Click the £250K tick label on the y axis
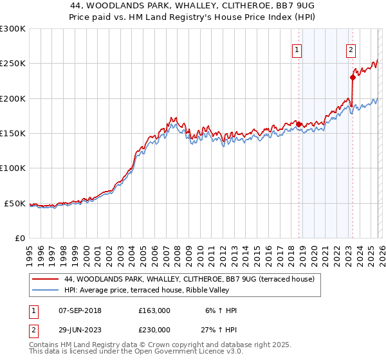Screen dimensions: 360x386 [x=14, y=64]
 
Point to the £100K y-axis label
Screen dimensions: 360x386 [x=14, y=168]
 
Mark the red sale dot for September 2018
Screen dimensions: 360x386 [x=299, y=124]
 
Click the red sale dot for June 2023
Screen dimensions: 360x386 [x=353, y=77]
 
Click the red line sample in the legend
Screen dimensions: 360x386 [x=45, y=279]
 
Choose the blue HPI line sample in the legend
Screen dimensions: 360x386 [x=45, y=290]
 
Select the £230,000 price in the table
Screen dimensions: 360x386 [x=154, y=330]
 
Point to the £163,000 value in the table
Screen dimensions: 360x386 [x=154, y=311]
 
